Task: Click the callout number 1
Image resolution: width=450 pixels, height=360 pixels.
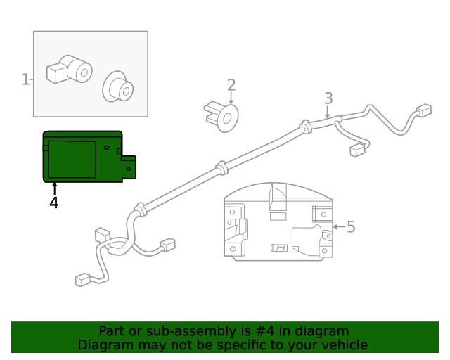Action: coord(25,79)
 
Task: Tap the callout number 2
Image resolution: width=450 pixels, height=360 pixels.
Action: coord(231,86)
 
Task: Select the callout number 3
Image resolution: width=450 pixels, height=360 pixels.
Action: coord(328,99)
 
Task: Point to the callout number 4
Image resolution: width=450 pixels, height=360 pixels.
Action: coord(54,202)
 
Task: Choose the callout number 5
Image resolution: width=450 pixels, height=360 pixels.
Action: coord(351,226)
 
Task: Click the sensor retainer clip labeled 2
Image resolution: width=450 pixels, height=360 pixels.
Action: coord(223,116)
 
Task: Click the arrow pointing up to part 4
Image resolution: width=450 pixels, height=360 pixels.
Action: coord(54,188)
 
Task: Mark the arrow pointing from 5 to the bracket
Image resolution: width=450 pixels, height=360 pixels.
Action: coord(338,226)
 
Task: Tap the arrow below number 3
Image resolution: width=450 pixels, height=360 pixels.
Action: coord(328,110)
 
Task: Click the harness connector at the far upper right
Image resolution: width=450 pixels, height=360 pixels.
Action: coord(423,110)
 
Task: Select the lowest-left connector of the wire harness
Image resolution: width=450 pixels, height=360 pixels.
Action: coord(83,280)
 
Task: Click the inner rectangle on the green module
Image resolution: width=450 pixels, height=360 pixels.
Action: coord(72,159)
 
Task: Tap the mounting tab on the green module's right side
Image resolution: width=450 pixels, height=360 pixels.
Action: coord(129,167)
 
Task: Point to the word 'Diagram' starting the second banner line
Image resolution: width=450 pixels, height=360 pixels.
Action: coord(104,345)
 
